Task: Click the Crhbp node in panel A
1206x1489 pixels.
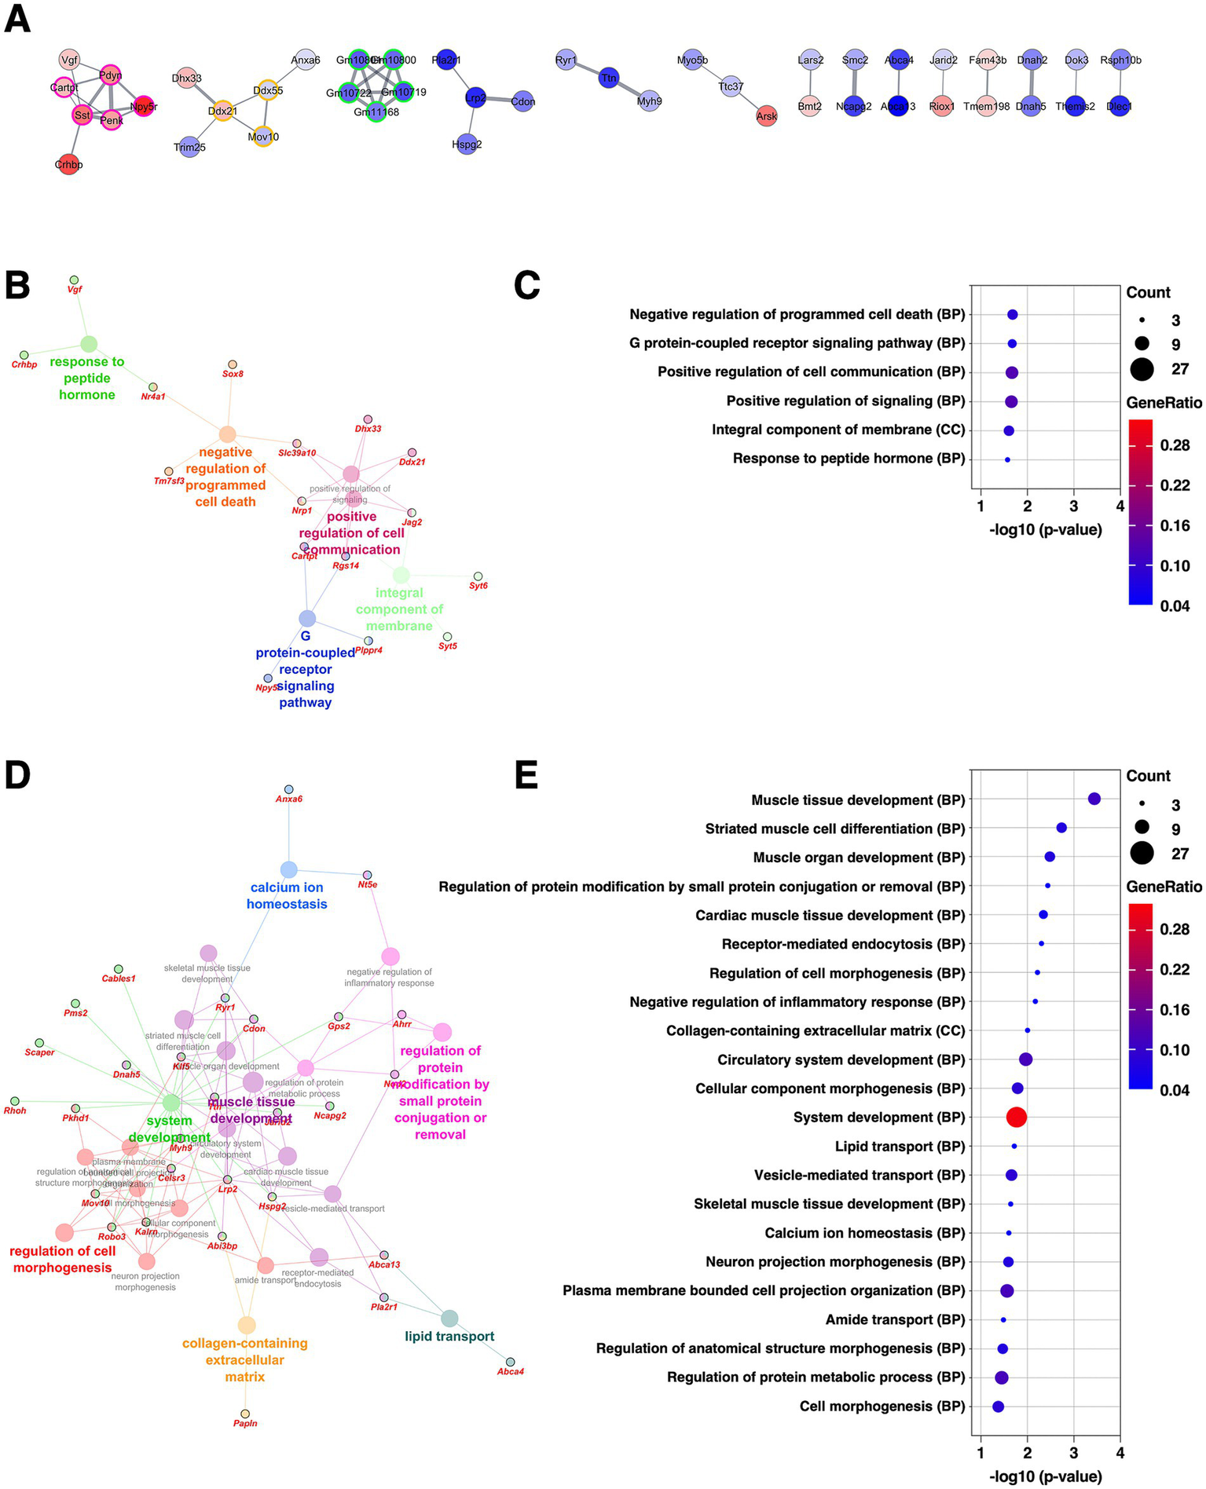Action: (69, 164)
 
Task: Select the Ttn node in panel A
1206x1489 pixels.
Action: (609, 78)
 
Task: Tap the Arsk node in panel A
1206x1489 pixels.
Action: (766, 115)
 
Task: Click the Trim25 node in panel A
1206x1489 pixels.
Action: (189, 147)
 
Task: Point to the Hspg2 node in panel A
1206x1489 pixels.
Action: (467, 144)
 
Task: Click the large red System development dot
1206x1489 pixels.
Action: (1016, 1118)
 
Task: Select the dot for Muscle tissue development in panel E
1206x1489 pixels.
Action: (1094, 799)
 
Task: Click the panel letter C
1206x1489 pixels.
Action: (526, 286)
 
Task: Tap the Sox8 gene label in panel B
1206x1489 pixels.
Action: (233, 375)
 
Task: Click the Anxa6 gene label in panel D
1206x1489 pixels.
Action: (289, 799)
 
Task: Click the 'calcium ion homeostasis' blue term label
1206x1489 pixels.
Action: (287, 895)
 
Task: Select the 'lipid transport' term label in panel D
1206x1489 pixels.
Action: (449, 1336)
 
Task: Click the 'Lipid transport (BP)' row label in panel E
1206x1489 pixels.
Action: (900, 1147)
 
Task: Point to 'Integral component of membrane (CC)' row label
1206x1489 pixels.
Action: (838, 430)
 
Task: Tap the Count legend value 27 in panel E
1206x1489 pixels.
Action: (1180, 854)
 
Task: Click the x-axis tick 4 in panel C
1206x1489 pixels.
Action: (1120, 506)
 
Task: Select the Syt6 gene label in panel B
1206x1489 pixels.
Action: (478, 586)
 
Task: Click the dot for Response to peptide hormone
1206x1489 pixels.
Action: (1007, 459)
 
